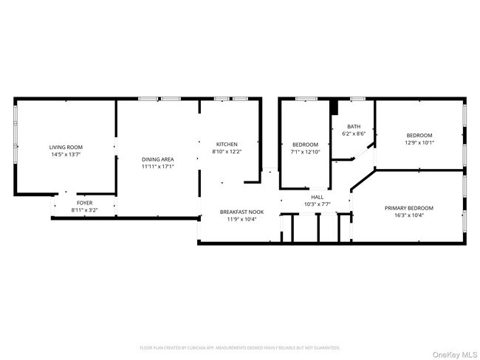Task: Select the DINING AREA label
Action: (x=157, y=159)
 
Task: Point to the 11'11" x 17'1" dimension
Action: (x=157, y=167)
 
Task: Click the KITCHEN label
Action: (x=226, y=144)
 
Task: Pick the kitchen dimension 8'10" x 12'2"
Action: (x=226, y=151)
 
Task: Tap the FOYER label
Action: (x=85, y=203)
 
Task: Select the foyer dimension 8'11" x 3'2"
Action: (x=85, y=210)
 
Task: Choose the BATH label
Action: (x=354, y=126)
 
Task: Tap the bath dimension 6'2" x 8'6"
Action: (x=354, y=134)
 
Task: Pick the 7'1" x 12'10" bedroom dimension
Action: (x=305, y=152)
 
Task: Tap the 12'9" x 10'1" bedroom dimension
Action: (x=419, y=143)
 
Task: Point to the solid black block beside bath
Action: (x=334, y=107)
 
